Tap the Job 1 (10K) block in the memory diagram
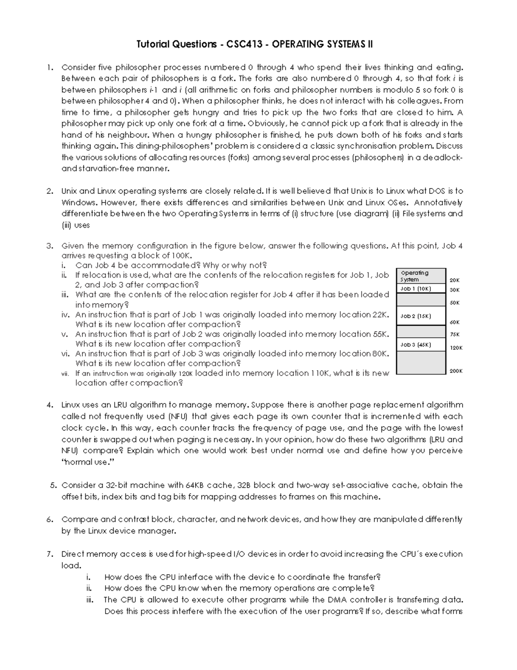(416, 289)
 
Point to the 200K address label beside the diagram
(456, 371)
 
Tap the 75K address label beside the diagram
(455, 334)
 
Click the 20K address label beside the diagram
(455, 280)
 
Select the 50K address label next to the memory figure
(455, 303)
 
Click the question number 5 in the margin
(53, 485)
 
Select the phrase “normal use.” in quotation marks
(89, 462)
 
